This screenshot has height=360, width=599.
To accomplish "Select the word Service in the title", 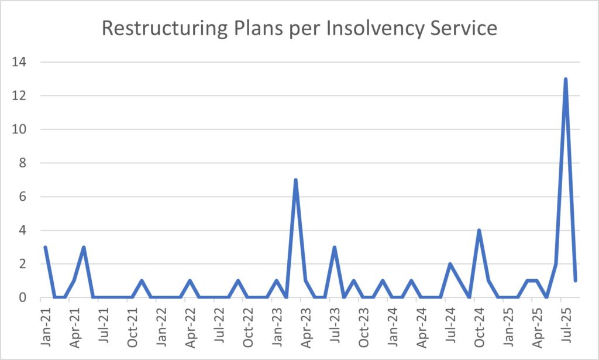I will coord(462,28).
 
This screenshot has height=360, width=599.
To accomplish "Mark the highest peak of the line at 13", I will coord(566,79).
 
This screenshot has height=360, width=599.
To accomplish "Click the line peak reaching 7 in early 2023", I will coord(296,180).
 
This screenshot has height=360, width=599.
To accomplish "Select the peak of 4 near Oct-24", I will coord(479,231).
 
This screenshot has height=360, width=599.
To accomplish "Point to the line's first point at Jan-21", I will coord(45,247).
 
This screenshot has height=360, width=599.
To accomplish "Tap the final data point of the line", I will coord(576,280).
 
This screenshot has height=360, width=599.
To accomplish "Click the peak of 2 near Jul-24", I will coord(450,264).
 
